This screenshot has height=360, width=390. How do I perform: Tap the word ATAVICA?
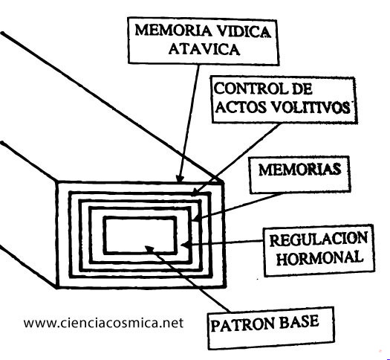204,49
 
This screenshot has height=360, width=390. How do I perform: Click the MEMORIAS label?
299,170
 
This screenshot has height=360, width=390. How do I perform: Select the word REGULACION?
319,239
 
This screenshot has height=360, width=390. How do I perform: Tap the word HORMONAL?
320,257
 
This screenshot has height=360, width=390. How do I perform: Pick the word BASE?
299,321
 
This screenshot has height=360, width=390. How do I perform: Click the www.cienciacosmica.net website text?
103,323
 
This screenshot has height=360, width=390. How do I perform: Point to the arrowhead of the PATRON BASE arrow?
149,248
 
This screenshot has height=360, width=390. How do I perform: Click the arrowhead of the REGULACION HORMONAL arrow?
184,245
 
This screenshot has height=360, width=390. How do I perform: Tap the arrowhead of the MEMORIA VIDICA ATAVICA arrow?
180,179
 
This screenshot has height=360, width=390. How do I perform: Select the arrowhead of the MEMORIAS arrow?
197,218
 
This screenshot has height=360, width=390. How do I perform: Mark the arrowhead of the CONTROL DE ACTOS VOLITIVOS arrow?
196,192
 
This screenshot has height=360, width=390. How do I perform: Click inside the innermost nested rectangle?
140,235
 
